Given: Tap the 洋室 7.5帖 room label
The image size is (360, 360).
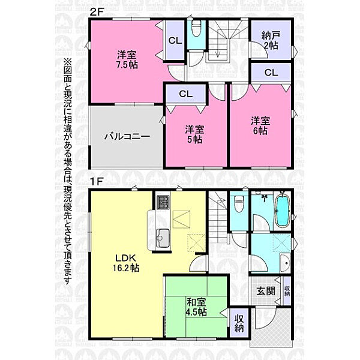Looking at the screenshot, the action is pyautogui.click(x=127, y=59).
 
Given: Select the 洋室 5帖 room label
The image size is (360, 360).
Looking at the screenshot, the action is pyautogui.click(x=194, y=134).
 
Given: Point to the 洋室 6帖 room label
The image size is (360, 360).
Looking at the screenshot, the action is pyautogui.click(x=260, y=125).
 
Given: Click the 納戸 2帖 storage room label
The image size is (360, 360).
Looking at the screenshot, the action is pyautogui.click(x=271, y=41).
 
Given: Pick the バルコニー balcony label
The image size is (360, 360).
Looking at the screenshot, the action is pyautogui.click(x=127, y=137).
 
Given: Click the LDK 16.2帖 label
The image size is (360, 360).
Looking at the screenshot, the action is pyautogui.click(x=125, y=263).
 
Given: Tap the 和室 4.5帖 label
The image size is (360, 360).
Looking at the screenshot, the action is pyautogui.click(x=197, y=307).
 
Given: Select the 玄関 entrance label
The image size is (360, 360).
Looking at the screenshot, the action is pyautogui.click(x=266, y=291).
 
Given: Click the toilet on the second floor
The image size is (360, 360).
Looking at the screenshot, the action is pyautogui.click(x=196, y=28).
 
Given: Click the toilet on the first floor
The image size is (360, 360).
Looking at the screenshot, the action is pyautogui.click(x=239, y=202).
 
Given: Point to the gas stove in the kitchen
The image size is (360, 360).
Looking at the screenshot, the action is pyautogui.click(x=163, y=202).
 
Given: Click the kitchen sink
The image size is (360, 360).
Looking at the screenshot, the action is pyautogui.click(x=163, y=238).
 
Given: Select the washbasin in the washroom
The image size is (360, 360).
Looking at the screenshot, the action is pyautogui.click(x=286, y=263).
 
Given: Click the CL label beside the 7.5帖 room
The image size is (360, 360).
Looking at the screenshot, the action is pyautogui.click(x=175, y=41).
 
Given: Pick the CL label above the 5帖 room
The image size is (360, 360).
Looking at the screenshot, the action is pyautogui.click(x=186, y=94).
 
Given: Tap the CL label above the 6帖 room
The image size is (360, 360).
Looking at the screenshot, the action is pyautogui.click(x=271, y=73).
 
